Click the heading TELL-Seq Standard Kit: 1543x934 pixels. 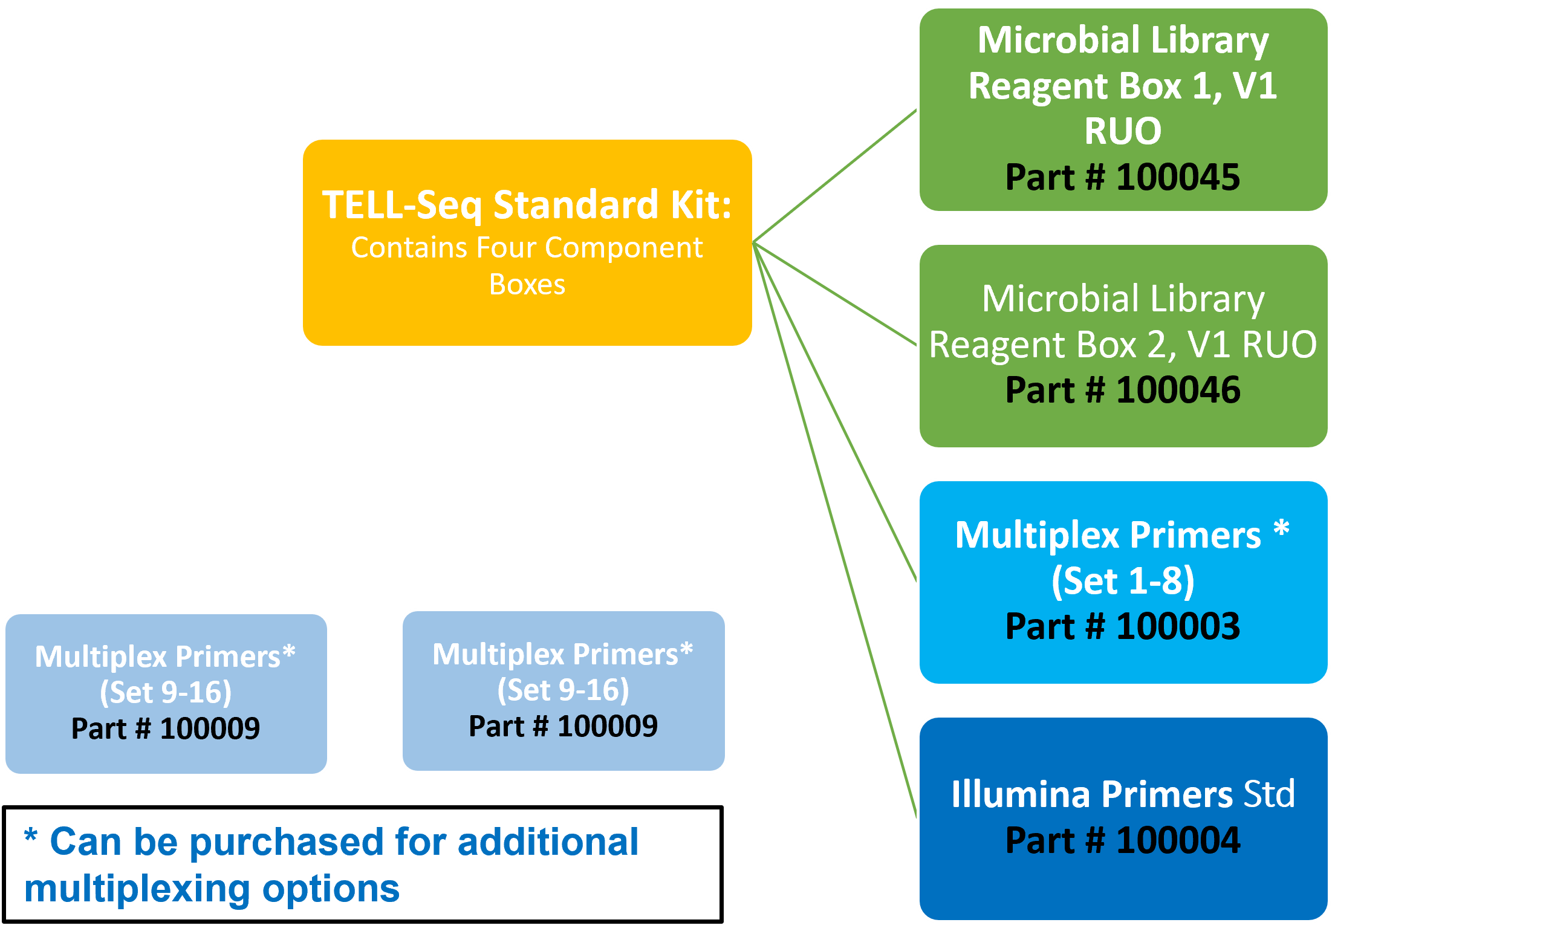click(527, 205)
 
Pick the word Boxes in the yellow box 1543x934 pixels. click(527, 285)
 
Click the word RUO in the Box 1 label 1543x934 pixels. click(1122, 131)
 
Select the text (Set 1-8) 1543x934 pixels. click(1122, 581)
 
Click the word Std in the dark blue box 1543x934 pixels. click(1269, 794)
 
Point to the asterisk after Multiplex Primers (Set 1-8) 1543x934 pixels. click(1281, 529)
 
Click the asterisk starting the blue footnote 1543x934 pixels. click(31, 836)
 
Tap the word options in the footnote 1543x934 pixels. click(331, 889)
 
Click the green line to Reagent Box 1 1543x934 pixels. click(836, 176)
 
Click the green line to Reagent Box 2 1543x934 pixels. click(836, 294)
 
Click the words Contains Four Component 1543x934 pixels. click(527, 248)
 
